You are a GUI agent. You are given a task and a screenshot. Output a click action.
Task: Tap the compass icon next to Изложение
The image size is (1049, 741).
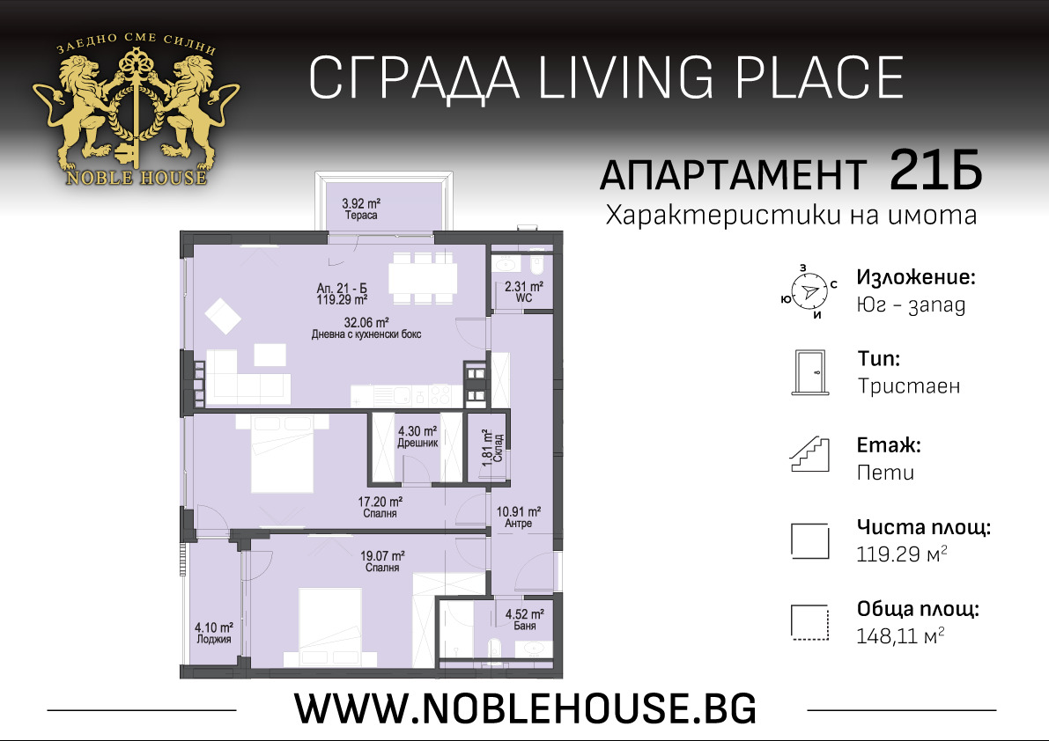point(808,290)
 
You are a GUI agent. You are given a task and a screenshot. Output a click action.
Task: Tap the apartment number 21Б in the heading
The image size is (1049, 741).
point(934,170)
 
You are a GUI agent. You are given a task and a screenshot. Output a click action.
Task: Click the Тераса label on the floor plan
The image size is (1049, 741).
point(360,216)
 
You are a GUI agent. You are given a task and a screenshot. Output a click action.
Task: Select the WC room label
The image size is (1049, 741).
point(524,298)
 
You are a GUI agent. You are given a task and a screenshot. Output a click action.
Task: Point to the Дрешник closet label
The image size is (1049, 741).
point(417,444)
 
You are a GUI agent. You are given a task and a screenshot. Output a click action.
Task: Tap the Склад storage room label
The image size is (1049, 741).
point(499,451)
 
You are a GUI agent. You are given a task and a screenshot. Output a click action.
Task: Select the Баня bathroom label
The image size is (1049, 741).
point(523,627)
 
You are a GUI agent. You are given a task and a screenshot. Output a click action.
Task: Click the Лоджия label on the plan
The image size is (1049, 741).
point(214,640)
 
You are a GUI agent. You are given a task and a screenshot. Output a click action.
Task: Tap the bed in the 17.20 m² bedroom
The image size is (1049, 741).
point(282,455)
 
